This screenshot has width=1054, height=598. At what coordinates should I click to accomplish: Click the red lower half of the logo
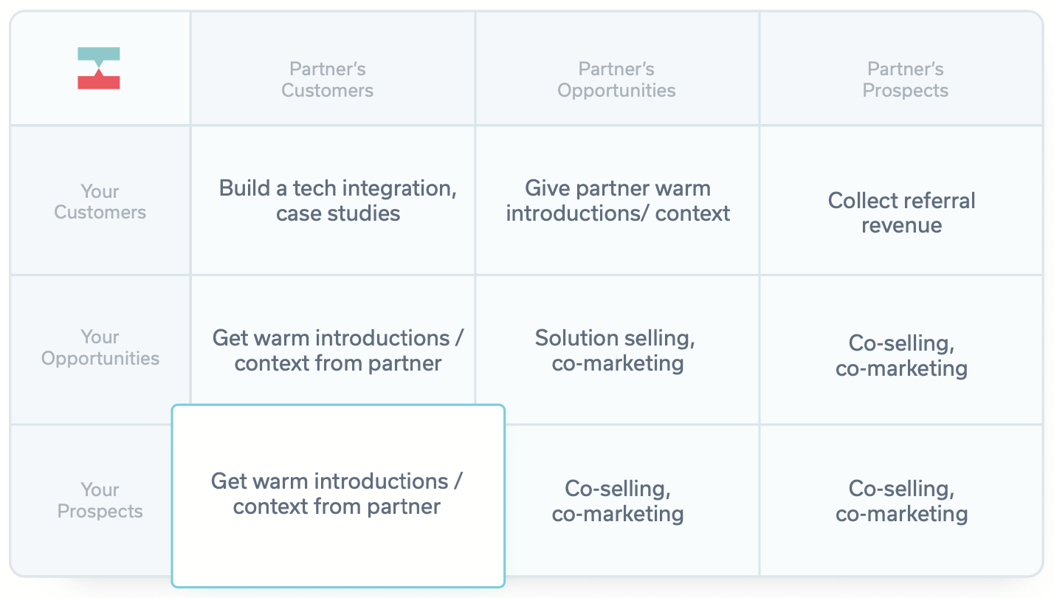tap(98, 81)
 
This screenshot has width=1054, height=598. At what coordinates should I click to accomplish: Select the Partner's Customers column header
tap(328, 80)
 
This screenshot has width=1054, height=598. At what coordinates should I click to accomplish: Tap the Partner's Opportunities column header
tap(616, 80)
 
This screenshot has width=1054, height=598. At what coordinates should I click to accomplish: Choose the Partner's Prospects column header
tap(906, 80)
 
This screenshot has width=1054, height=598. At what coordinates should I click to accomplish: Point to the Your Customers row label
tap(100, 202)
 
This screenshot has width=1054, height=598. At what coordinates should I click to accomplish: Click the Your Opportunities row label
tap(100, 347)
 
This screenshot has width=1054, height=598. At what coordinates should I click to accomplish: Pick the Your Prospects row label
tap(100, 500)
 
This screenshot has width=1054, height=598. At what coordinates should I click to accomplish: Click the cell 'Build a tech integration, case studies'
tap(338, 200)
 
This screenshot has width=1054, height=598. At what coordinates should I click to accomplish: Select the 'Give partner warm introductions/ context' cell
tap(618, 200)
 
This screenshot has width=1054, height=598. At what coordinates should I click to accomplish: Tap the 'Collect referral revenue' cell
tap(901, 213)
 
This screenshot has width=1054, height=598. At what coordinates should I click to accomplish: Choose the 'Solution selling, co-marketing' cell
tap(616, 351)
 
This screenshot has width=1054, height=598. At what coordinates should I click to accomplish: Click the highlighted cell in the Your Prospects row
tap(338, 495)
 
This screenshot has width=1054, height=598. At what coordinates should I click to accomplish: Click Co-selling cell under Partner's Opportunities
tap(618, 501)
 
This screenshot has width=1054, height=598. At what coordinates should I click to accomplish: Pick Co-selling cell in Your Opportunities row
tap(901, 356)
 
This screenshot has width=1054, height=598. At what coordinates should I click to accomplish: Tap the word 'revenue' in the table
tap(901, 225)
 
